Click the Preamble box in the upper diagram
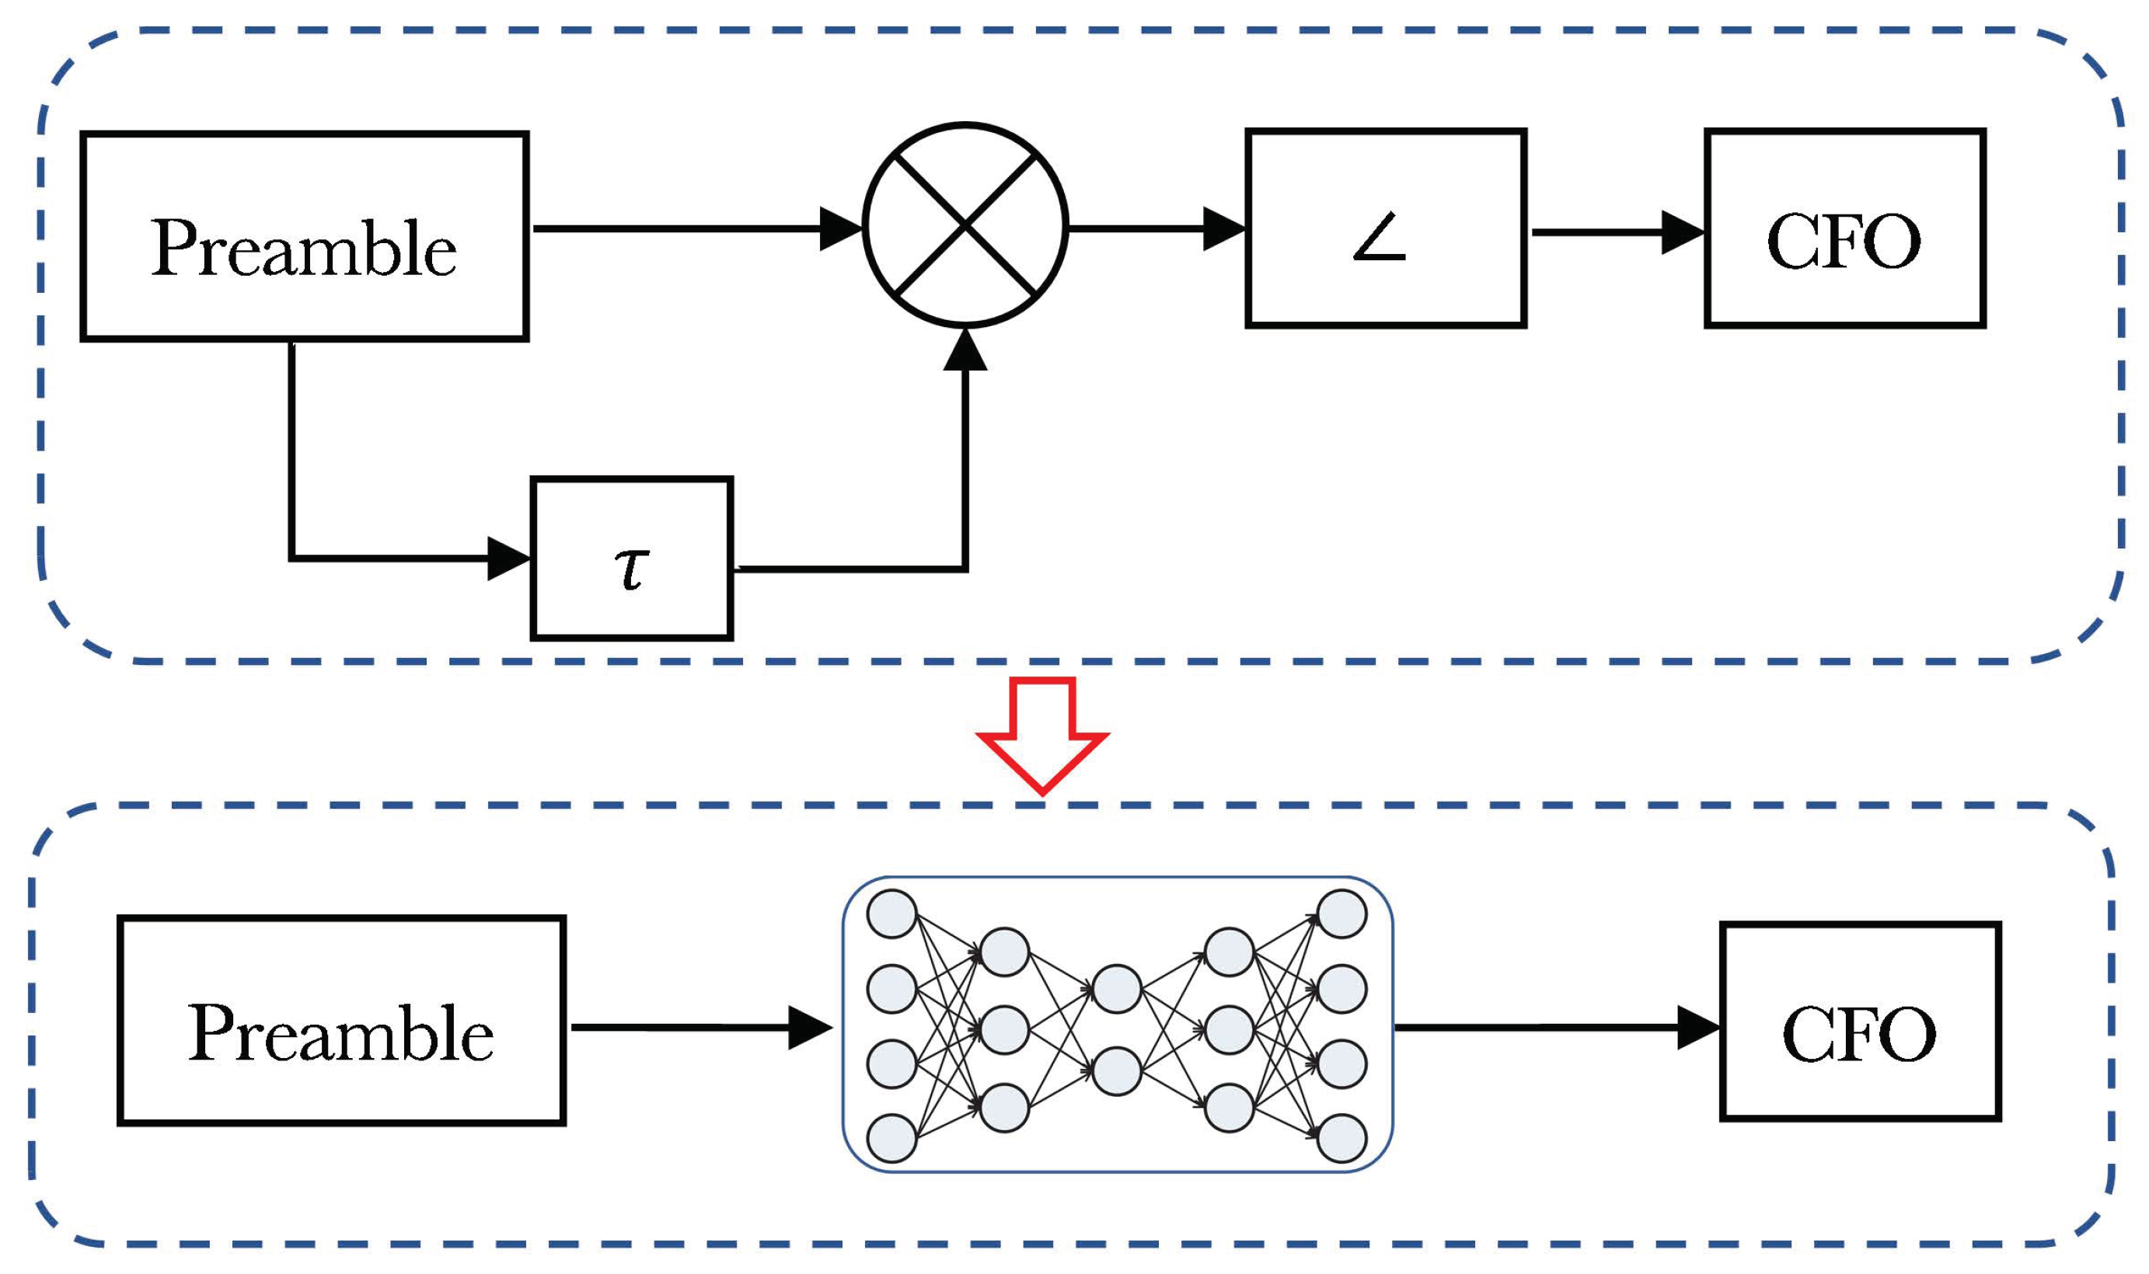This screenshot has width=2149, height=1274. click(304, 236)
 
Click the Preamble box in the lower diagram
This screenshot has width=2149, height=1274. click(341, 1020)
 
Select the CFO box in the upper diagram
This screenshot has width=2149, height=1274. click(1844, 228)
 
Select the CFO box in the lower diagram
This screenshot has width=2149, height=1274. click(1861, 1022)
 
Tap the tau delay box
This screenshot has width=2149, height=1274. click(631, 559)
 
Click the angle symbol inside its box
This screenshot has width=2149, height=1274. click(1379, 238)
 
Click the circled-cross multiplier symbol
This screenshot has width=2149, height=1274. click(965, 225)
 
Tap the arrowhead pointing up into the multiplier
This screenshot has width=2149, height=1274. click(965, 350)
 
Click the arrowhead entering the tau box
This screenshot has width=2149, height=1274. click(508, 558)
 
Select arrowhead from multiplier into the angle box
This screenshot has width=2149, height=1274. click(1224, 228)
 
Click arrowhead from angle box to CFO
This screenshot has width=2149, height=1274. click(1682, 231)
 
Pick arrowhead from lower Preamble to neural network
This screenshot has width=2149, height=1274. click(809, 1028)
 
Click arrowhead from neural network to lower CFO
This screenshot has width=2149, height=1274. click(1698, 1028)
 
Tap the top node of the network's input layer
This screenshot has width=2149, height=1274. click(891, 914)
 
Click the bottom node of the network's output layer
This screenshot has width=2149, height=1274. click(1341, 1138)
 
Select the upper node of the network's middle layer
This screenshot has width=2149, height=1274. click(1117, 989)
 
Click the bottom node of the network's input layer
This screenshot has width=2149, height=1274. click(891, 1138)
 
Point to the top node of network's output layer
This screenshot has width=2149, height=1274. click(1341, 914)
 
